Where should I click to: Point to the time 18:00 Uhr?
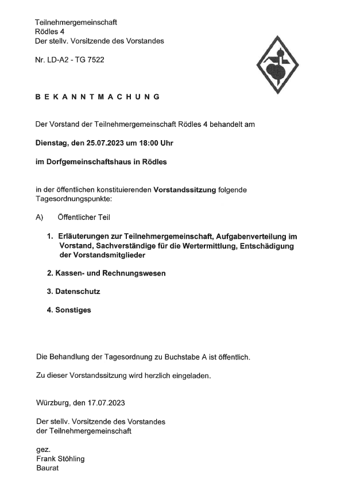(145, 143)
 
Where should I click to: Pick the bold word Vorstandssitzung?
(185, 190)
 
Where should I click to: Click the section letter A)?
(40, 217)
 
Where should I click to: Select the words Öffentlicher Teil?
(83, 217)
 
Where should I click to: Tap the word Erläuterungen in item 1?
(85, 236)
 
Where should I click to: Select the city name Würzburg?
(54, 402)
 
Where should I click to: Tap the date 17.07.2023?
(108, 402)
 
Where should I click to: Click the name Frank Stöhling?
(64, 459)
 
